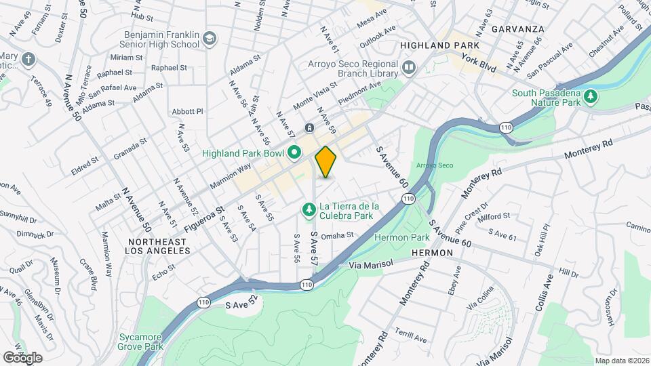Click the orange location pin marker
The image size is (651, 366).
[x=326, y=162]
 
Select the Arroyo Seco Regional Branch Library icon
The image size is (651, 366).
[x=409, y=66]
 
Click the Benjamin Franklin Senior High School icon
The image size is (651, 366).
[x=209, y=39]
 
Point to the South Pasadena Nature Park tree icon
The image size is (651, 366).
[x=591, y=98]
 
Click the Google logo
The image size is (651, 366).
[x=22, y=357]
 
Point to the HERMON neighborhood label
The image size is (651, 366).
[x=432, y=252]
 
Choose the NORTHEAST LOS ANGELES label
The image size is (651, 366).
[x=158, y=246]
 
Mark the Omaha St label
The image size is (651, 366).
[x=338, y=236]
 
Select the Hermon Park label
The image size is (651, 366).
[x=402, y=238]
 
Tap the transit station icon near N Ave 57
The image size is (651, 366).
[x=309, y=127]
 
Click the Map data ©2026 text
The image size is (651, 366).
[x=621, y=361]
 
